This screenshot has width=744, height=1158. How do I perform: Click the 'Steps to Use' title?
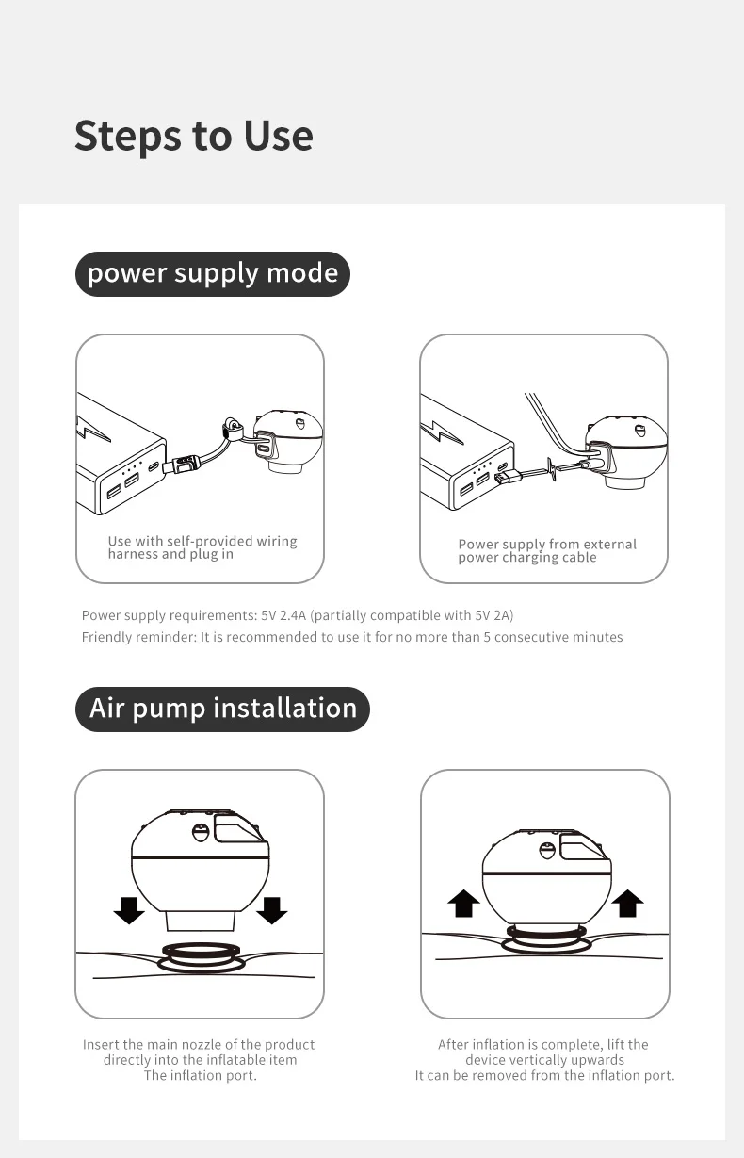pos(194,137)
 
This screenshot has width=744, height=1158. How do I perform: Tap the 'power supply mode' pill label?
pos(212,274)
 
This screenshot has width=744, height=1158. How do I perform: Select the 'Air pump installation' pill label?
pos(222,709)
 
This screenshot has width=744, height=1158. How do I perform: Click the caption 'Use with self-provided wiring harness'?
pos(202,547)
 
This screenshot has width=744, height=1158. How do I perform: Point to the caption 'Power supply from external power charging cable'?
pos(547,550)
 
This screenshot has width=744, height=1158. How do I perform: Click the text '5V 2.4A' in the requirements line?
pos(283,615)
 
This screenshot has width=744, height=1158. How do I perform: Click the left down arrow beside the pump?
pos(129,910)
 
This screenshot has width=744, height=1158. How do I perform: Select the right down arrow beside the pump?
pos(272,910)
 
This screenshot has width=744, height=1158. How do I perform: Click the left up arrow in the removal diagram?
pos(463,904)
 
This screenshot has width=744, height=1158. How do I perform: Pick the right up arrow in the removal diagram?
pos(627,904)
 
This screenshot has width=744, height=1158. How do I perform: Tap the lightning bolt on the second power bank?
pos(440,432)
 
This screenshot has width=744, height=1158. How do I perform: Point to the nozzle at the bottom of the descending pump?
pos(201,922)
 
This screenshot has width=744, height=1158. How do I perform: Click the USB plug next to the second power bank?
pos(509,477)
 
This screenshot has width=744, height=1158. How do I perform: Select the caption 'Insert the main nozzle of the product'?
pos(199,1044)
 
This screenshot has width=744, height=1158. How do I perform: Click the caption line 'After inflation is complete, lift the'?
pos(543,1044)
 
